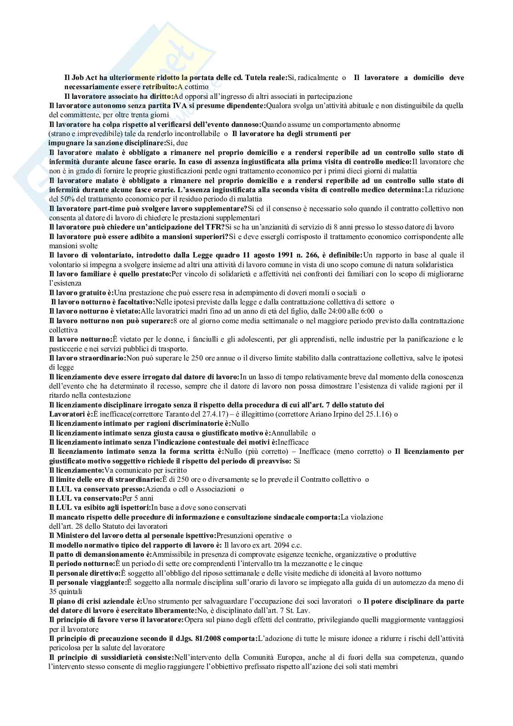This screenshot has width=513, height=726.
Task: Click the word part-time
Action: point(103,208)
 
